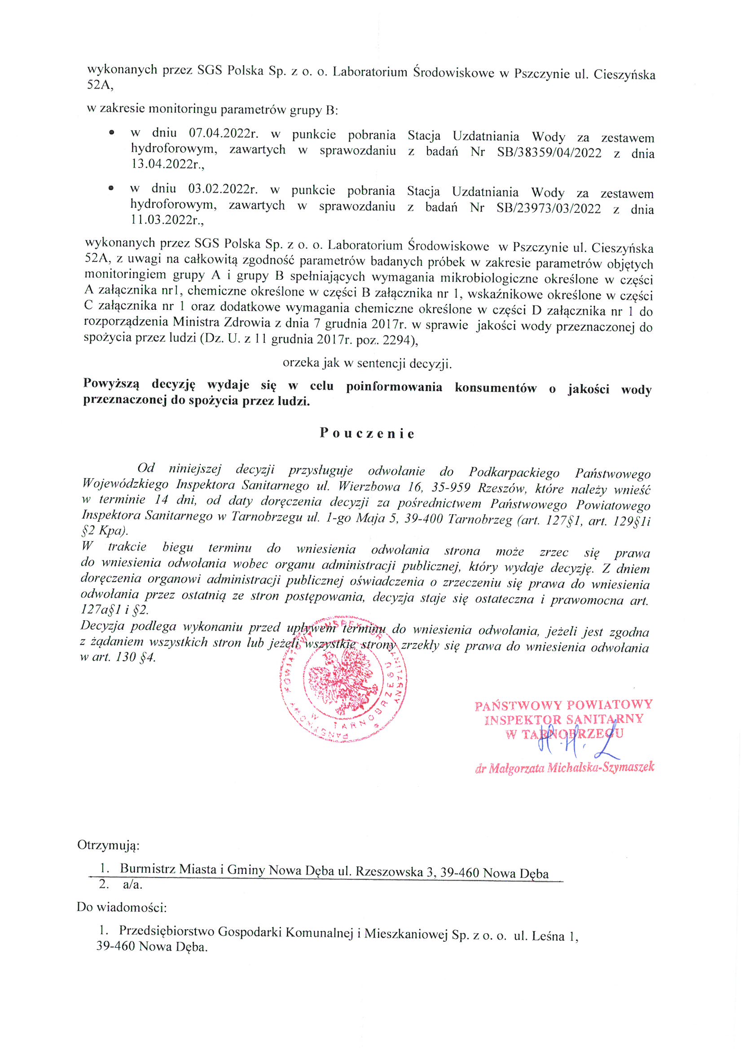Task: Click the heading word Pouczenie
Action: (367, 433)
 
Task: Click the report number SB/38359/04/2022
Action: (549, 153)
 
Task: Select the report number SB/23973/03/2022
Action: (548, 208)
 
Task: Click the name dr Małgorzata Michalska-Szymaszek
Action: (565, 768)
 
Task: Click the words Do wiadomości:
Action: (121, 906)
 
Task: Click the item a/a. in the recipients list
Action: (132, 885)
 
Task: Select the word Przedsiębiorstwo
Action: (167, 931)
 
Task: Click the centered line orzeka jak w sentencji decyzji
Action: (367, 363)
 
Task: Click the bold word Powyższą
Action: (112, 384)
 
